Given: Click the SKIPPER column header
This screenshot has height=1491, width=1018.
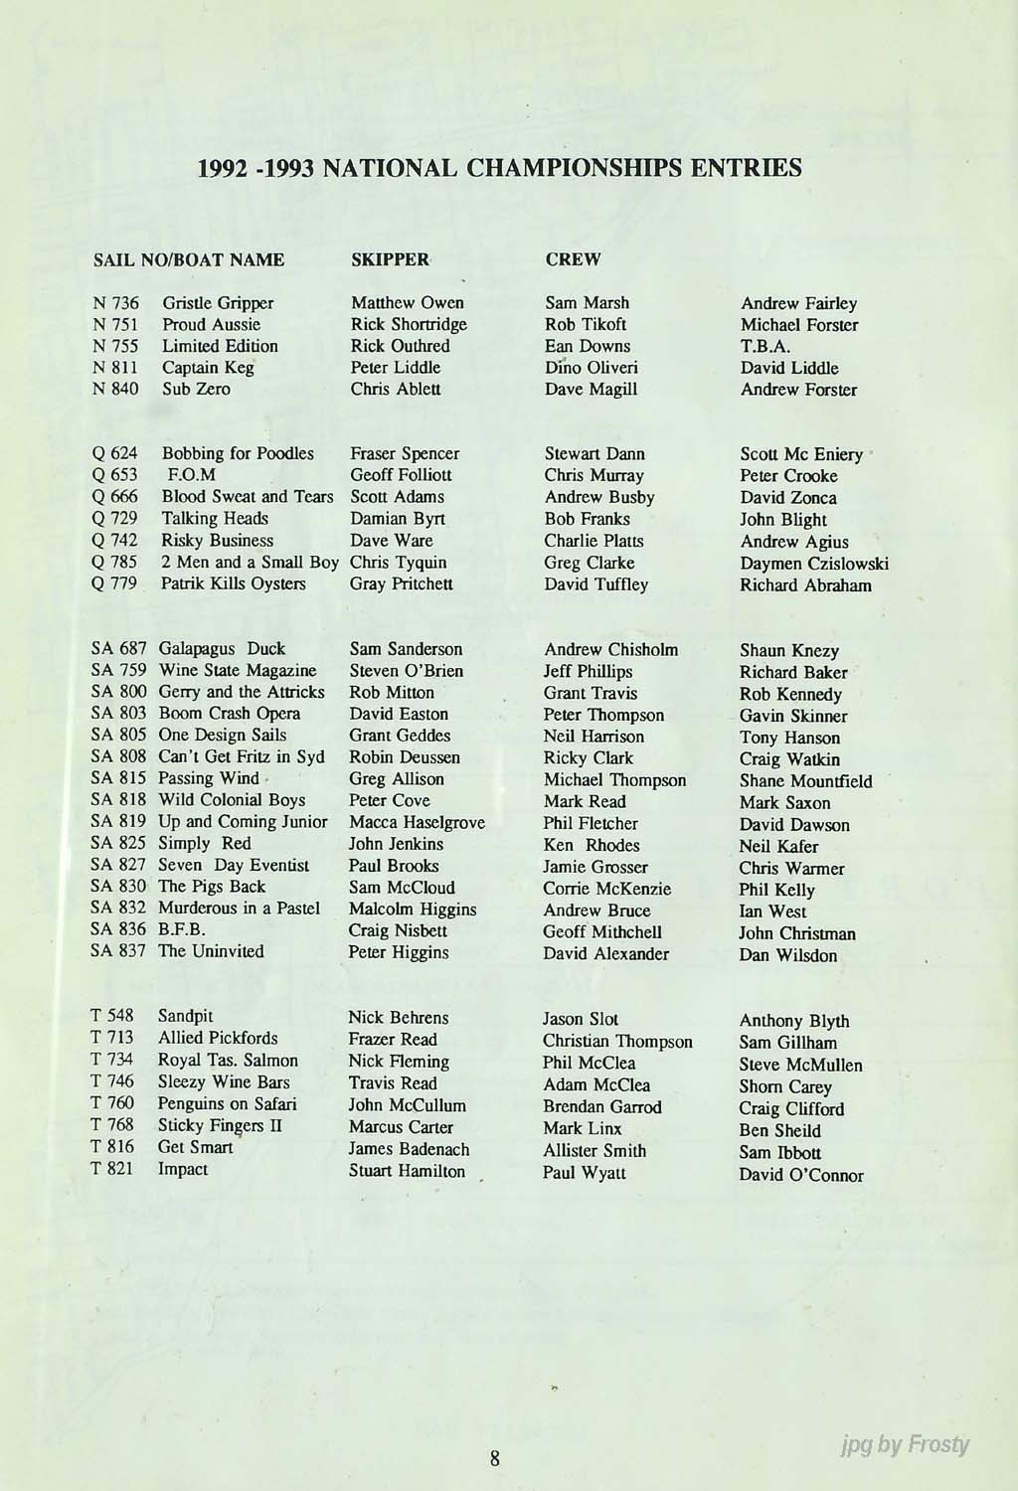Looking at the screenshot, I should tap(390, 259).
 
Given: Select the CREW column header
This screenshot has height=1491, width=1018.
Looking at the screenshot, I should tap(573, 259).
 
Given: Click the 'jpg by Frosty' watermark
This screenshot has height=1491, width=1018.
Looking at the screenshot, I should tap(903, 1444).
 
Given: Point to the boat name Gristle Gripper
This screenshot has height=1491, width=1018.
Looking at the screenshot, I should tap(218, 303).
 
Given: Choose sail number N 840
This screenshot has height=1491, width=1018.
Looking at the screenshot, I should tap(115, 389).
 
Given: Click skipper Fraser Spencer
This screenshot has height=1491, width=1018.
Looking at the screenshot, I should tap(405, 453).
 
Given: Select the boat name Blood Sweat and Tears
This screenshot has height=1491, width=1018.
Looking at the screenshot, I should tap(248, 496).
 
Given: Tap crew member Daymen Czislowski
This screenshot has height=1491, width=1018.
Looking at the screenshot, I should tap(813, 564).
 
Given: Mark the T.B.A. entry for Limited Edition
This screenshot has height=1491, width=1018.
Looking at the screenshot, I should tap(764, 347).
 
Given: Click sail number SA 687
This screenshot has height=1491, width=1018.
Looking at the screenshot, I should tap(118, 649).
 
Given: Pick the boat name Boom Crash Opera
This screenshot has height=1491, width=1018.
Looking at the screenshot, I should tap(229, 714).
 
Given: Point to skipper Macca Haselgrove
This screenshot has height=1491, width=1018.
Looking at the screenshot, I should tap(417, 822).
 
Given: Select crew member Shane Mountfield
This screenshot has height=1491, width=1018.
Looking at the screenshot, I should tap(805, 780).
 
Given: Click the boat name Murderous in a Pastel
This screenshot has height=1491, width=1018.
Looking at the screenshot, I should tap(239, 909).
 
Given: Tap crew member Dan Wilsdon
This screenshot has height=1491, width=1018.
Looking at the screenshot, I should tap(787, 955).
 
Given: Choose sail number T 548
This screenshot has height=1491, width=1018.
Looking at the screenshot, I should tap(111, 1017).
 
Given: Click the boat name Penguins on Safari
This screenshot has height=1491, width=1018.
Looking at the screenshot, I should tap(227, 1104).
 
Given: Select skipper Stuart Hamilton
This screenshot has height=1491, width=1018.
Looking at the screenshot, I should tap(407, 1171).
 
